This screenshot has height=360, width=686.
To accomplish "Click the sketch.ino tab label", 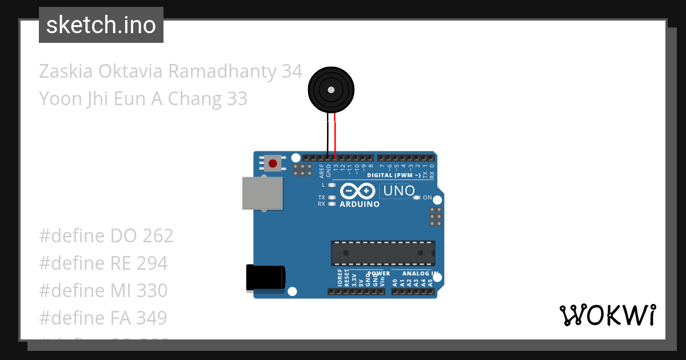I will [101, 25].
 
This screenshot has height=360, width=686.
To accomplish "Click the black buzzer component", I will [331, 89].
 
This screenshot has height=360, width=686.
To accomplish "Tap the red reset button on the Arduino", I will [273, 164].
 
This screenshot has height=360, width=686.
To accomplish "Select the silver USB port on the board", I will [262, 193].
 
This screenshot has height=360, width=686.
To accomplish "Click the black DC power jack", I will [265, 278].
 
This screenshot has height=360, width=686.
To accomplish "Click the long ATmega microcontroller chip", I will [382, 253].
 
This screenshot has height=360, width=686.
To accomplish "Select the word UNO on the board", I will [399, 191].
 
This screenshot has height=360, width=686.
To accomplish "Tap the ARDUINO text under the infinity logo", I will [359, 204].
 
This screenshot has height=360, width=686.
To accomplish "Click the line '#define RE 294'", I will [103, 263].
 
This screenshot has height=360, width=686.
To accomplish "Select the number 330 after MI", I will [152, 290].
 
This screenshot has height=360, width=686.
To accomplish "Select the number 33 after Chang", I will [237, 99].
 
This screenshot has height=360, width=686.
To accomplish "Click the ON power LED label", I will [427, 197].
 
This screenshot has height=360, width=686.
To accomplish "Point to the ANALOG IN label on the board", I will [424, 273].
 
